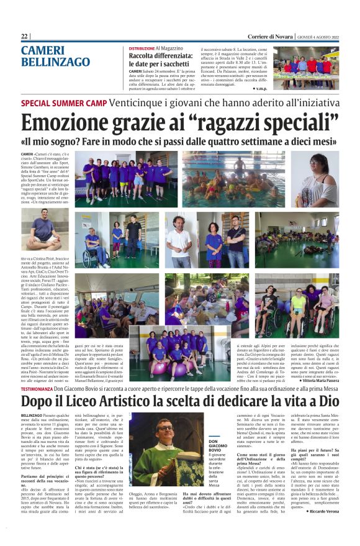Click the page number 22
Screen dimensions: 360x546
25,36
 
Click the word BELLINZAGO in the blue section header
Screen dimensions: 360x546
55,62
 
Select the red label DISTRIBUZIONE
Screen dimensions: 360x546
142,48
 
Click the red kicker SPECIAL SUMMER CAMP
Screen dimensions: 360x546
61,103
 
